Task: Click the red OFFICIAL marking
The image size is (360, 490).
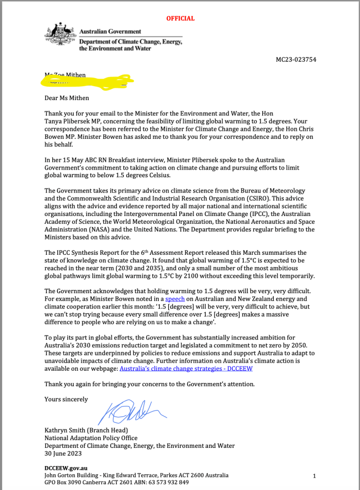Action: [x=180, y=19]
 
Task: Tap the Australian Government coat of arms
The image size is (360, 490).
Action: [x=60, y=36]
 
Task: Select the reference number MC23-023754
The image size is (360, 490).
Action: [x=296, y=60]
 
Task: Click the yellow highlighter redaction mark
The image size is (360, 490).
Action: [x=86, y=81]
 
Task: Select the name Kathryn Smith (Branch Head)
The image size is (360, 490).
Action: [x=86, y=430]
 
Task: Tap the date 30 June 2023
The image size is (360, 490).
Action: [x=63, y=453]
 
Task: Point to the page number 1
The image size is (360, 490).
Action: [x=314, y=476]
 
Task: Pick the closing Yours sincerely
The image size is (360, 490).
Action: [x=66, y=399]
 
